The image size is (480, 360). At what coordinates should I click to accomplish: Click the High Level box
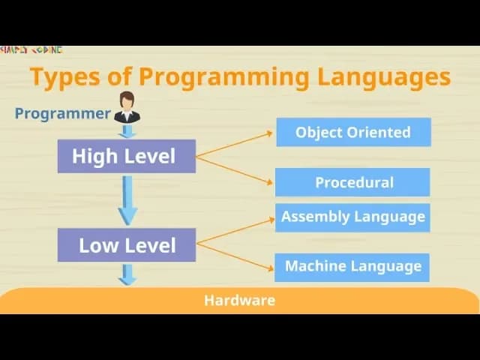coord(126,156)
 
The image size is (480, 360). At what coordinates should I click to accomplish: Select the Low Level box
coord(126,245)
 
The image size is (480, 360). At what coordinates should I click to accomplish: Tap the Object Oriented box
coord(352,132)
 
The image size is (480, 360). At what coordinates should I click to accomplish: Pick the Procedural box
coord(352,182)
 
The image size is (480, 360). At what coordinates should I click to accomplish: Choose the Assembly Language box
coord(352,217)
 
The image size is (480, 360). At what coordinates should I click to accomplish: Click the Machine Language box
coord(352,266)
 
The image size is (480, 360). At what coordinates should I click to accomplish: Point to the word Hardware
coord(239,301)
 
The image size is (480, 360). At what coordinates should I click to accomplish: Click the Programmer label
coord(63,114)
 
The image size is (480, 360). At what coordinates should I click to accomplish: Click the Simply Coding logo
coord(31,50)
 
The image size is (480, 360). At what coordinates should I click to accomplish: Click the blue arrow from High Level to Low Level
coord(127,199)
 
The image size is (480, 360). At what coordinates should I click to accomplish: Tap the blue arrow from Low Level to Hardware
coord(127,274)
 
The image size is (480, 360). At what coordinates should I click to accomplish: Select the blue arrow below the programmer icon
coord(127,131)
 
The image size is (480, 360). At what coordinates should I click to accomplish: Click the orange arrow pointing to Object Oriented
coord(234,145)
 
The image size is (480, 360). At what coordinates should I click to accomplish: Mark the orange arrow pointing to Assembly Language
coord(234,232)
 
